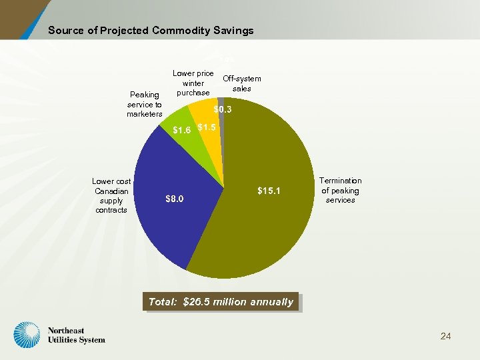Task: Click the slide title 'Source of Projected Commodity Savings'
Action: coord(151,31)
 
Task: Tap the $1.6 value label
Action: coord(182,129)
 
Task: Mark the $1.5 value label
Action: coord(207,127)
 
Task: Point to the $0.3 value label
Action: coord(222,109)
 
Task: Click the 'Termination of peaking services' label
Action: coord(340,190)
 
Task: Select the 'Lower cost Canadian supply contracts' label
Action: coord(111,195)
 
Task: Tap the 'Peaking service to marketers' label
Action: coord(145,105)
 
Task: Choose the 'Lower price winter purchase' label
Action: coord(193,83)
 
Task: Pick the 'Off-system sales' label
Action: coord(241,83)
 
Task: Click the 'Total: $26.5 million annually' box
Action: coord(221,302)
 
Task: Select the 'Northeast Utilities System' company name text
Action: coord(76,335)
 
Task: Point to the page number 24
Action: coord(445,336)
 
